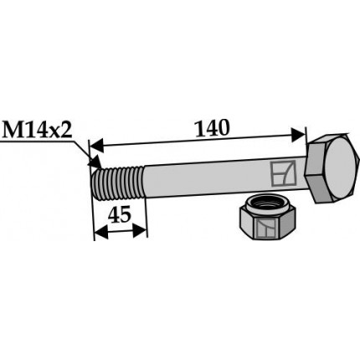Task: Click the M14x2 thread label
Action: click(40, 131)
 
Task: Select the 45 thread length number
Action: click(120, 214)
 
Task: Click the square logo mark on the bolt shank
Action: click(280, 174)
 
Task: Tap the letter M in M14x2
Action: click(13, 131)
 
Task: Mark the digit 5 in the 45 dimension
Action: click(126, 214)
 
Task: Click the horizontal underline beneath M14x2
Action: click(38, 145)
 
